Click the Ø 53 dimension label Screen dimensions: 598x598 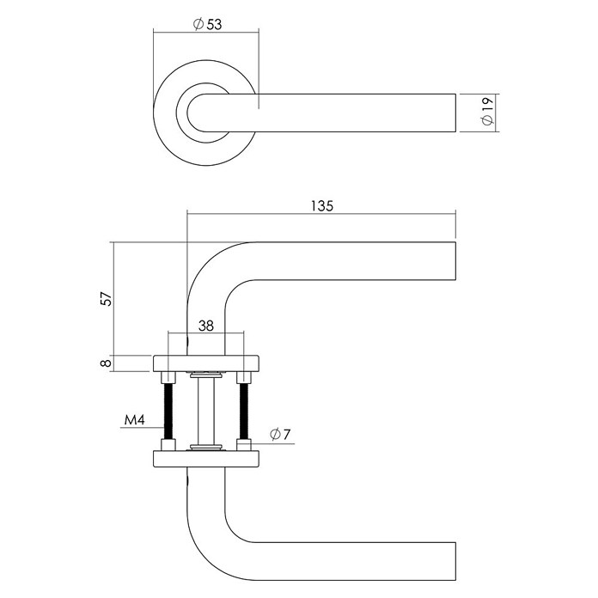pos(207,24)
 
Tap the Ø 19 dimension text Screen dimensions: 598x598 pos(487,111)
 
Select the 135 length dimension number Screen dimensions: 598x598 pos(322,206)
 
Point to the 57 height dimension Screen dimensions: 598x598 pos(107,299)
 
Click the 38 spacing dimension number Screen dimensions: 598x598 pos(206,326)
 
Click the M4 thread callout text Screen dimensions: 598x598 pos(135,421)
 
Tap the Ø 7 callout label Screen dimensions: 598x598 pos(280,434)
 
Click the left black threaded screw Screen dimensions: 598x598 pos(168,411)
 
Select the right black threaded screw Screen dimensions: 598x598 pos(244,411)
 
